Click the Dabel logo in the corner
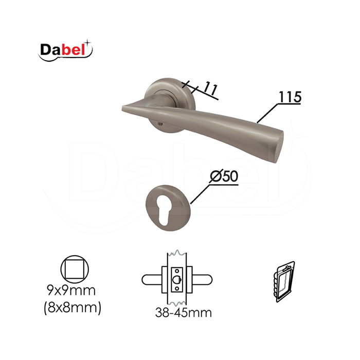pyautogui.click(x=65, y=50)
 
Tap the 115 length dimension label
pyautogui.click(x=290, y=97)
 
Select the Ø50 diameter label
pyautogui.click(x=224, y=176)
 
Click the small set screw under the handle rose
pyautogui.click(x=158, y=124)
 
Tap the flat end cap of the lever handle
pyautogui.click(x=278, y=147)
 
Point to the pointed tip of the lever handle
pyautogui.click(x=122, y=107)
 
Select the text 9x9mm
pyautogui.click(x=71, y=291)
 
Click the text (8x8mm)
pyautogui.click(x=73, y=308)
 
